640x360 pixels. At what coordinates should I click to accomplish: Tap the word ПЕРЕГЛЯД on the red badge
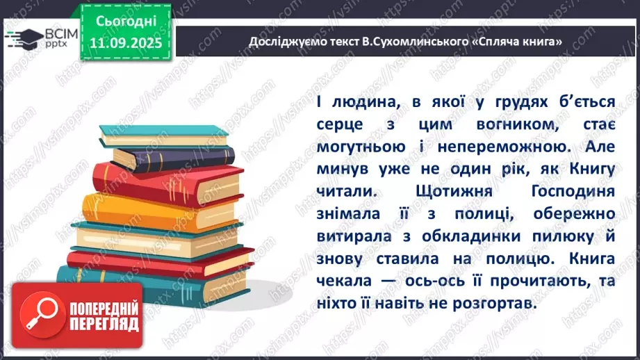pos(105,325)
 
